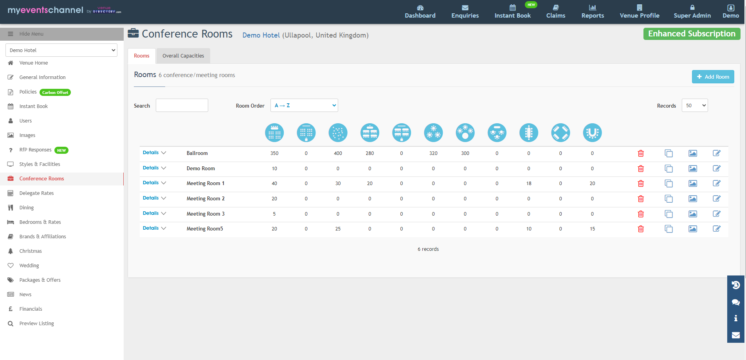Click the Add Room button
click(713, 77)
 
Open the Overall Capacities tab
click(183, 56)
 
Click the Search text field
click(182, 105)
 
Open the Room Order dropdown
click(304, 105)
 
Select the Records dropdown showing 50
click(695, 105)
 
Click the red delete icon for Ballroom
click(641, 153)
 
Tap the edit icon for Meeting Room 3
click(717, 214)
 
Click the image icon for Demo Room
click(693, 169)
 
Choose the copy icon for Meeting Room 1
click(669, 184)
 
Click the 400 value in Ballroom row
click(338, 153)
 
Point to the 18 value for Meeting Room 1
click(529, 184)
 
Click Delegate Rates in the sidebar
click(36, 193)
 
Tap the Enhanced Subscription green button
click(692, 34)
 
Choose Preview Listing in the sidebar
click(36, 324)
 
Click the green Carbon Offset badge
click(55, 92)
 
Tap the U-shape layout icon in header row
click(592, 133)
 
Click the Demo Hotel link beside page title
click(261, 35)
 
